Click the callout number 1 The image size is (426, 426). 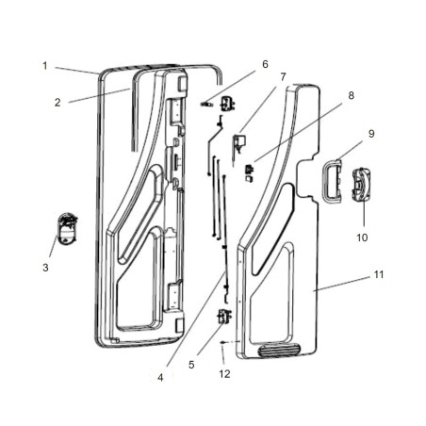pos(44,65)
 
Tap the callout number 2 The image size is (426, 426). pos(57,102)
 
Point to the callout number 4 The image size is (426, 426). pos(161,378)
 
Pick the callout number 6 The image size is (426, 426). pos(265,64)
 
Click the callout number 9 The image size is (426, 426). pos(370,134)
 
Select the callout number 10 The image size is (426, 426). pos(362,238)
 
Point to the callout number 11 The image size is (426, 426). pos(378,274)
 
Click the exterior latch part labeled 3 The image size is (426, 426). pos(64,229)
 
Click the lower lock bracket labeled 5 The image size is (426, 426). pos(225,318)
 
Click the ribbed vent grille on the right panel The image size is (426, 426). pos(280,351)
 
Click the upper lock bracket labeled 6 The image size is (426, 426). pos(226,104)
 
